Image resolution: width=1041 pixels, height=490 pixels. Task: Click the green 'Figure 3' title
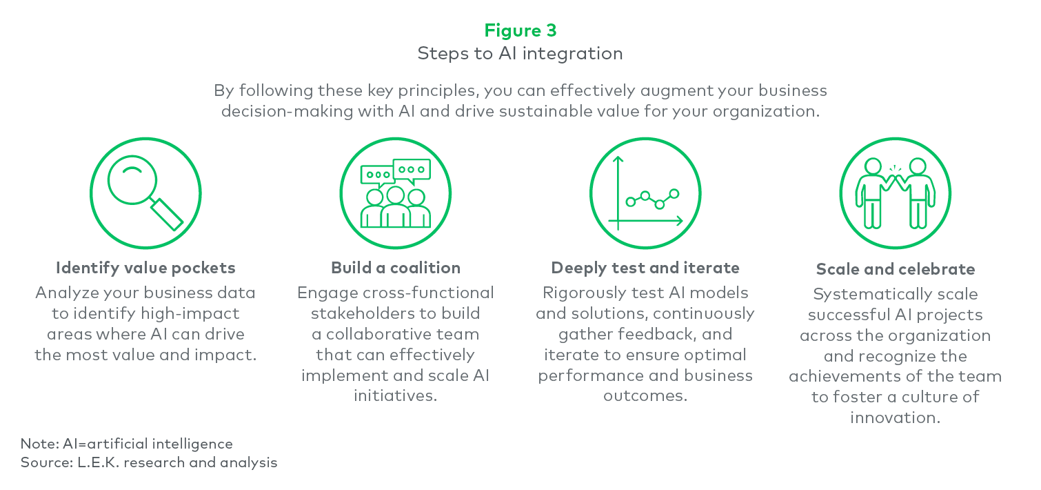520,31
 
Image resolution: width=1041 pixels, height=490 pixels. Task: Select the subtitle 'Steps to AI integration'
520,54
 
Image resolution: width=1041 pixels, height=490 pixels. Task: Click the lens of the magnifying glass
132,179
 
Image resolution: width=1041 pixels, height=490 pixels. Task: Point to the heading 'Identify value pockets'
145,268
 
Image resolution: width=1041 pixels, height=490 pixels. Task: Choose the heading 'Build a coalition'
396,268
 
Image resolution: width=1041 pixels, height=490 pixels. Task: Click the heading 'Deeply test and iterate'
645,268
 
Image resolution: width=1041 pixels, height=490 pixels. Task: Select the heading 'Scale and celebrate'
895,269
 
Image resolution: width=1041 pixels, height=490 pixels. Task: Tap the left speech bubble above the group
378,176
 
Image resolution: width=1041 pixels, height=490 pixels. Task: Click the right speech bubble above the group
412,170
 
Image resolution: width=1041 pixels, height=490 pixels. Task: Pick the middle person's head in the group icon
396,195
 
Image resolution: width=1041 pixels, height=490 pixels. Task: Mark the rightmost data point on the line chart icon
674,193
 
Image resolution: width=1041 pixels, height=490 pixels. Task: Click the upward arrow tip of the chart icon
618,157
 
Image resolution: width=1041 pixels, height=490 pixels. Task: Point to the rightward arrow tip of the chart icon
682,221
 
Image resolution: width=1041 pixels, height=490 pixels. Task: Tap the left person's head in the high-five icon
873,166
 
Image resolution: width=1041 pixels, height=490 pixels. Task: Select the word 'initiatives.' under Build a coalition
396,395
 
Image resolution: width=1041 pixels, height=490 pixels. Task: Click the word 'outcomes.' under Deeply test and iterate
645,395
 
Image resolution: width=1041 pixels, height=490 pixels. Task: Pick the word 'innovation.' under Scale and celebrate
895,418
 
